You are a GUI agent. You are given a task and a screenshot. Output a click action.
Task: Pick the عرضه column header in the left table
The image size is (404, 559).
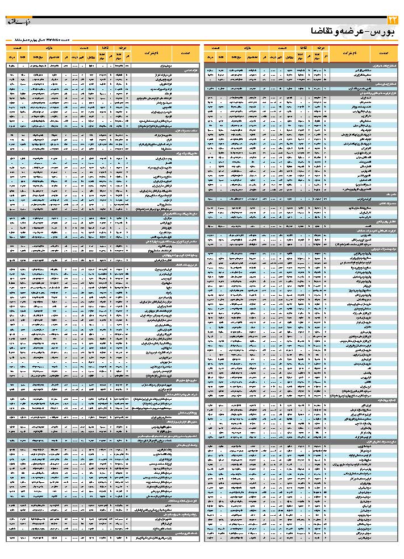(x=120, y=48)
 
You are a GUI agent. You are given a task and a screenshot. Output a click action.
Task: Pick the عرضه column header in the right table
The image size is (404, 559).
(x=319, y=48)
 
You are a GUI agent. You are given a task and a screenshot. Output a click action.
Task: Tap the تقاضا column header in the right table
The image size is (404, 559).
(x=303, y=48)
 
